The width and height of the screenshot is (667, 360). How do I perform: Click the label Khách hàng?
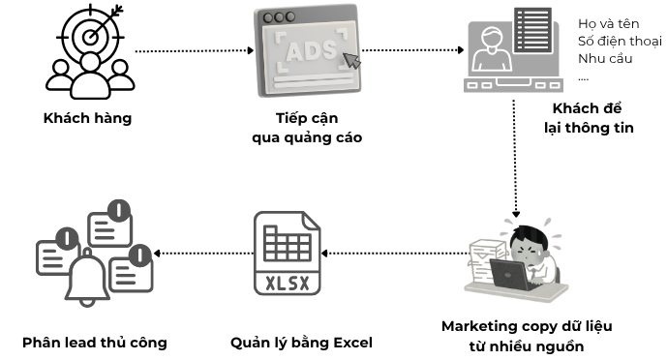pos(88,118)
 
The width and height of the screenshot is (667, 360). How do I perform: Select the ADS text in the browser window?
pos(311,50)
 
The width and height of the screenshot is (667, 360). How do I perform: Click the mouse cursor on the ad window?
pos(351,61)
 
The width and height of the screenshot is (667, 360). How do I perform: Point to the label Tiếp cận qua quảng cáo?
pos(307,128)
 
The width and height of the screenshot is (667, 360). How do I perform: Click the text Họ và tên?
pos(608,24)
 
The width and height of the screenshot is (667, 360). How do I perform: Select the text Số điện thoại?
pos(620,41)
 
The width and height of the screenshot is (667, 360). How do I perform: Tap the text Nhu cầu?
pos(605,58)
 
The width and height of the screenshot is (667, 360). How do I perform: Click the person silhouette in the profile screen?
pos(492,49)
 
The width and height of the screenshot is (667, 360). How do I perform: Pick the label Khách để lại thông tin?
pos(589,118)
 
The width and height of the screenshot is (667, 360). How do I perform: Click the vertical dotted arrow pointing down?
pos(515,159)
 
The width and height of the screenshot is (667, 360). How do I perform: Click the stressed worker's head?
pos(529,243)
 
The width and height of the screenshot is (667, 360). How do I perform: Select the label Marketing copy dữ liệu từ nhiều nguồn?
pos(527,336)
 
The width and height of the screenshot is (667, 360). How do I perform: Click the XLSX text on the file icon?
pos(288,284)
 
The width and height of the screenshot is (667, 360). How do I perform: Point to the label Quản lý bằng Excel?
pos(301,343)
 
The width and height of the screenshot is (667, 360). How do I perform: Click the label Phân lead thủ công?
pos(95,343)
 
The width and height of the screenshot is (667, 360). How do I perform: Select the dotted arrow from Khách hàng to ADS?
pos(195,51)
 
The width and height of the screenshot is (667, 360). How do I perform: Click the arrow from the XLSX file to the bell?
pos(203,254)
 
